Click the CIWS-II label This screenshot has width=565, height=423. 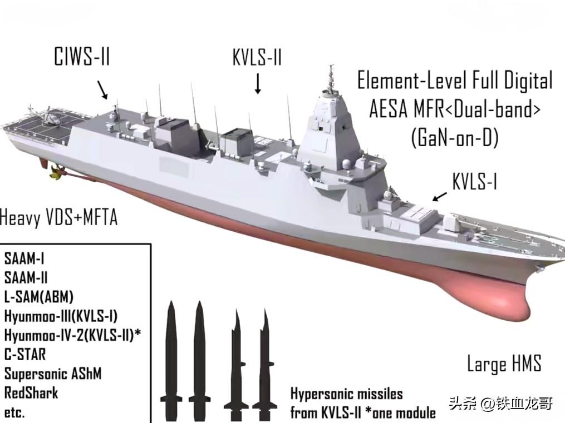[81, 58]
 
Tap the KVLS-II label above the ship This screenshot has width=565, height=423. [257, 58]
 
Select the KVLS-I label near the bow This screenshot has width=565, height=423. [474, 181]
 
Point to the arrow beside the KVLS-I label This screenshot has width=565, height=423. [440, 196]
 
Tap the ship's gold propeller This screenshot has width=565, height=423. [55, 174]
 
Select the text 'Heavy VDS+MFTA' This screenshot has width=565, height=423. [58, 217]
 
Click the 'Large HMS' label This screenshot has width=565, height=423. [504, 364]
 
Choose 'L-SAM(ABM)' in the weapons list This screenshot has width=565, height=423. [39, 296]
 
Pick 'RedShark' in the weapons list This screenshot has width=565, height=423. [31, 393]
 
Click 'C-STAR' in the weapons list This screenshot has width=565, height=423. [25, 354]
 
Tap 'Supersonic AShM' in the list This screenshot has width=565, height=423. [53, 374]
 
